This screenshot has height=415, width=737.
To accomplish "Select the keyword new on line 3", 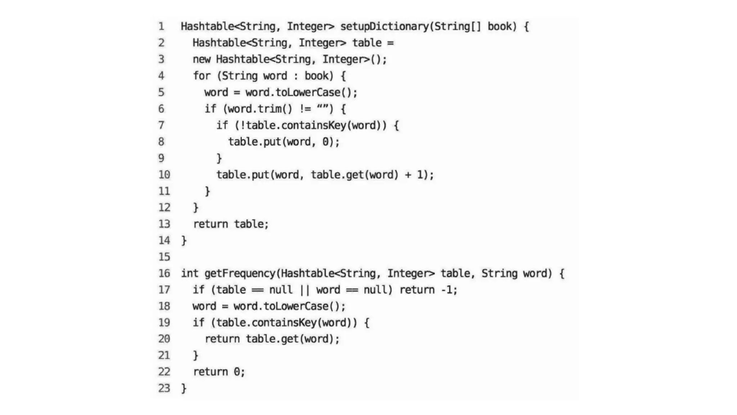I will click(x=202, y=59).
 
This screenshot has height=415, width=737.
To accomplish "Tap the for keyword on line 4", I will click(x=202, y=76).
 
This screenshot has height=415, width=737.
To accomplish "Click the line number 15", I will click(x=164, y=257).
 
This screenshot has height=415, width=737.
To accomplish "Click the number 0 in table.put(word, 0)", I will click(x=325, y=142).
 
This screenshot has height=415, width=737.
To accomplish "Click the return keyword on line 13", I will click(x=211, y=224).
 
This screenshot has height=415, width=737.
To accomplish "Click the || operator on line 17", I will click(x=304, y=290).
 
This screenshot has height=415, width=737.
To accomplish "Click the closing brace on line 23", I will click(x=184, y=388).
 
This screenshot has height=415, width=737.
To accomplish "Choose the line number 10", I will click(x=164, y=175).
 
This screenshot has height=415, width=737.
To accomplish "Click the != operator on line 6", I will click(x=305, y=108).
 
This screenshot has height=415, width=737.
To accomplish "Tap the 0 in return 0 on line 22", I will click(x=237, y=372).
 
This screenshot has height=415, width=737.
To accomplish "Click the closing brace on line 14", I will click(x=184, y=240).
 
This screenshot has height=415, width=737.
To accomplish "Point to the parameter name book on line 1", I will click(x=499, y=26).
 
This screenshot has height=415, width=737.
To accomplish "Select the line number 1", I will click(x=161, y=26).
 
